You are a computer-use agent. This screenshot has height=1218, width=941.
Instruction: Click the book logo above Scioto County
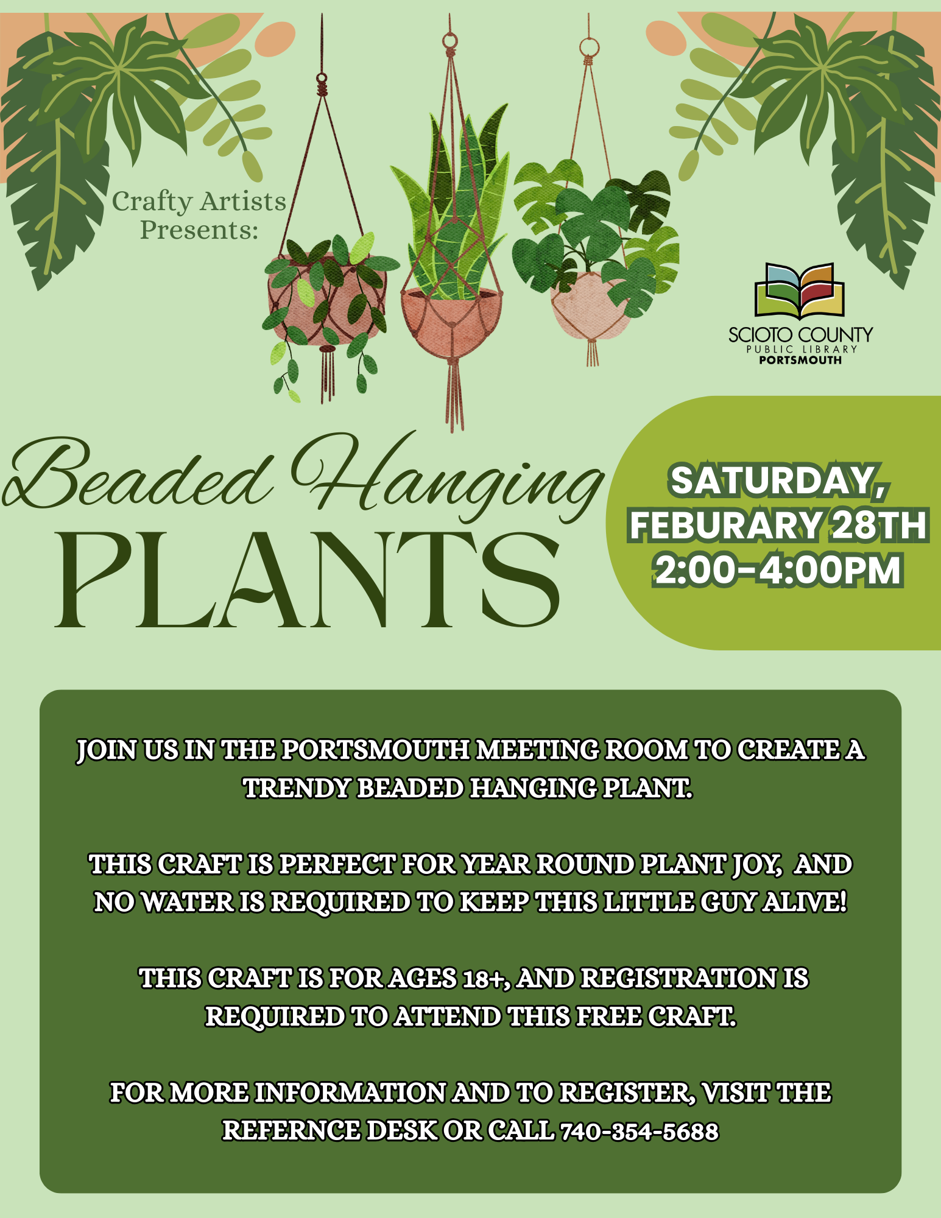tap(800, 291)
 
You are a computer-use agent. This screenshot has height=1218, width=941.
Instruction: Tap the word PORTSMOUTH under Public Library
tap(800, 360)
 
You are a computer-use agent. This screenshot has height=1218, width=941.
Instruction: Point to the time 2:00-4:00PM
tap(778, 571)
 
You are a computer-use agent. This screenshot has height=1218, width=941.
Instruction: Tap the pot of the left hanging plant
tap(327, 298)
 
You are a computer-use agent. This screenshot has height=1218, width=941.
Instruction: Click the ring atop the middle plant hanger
tap(450, 41)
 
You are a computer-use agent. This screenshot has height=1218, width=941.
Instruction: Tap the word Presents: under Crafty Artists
tap(199, 230)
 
